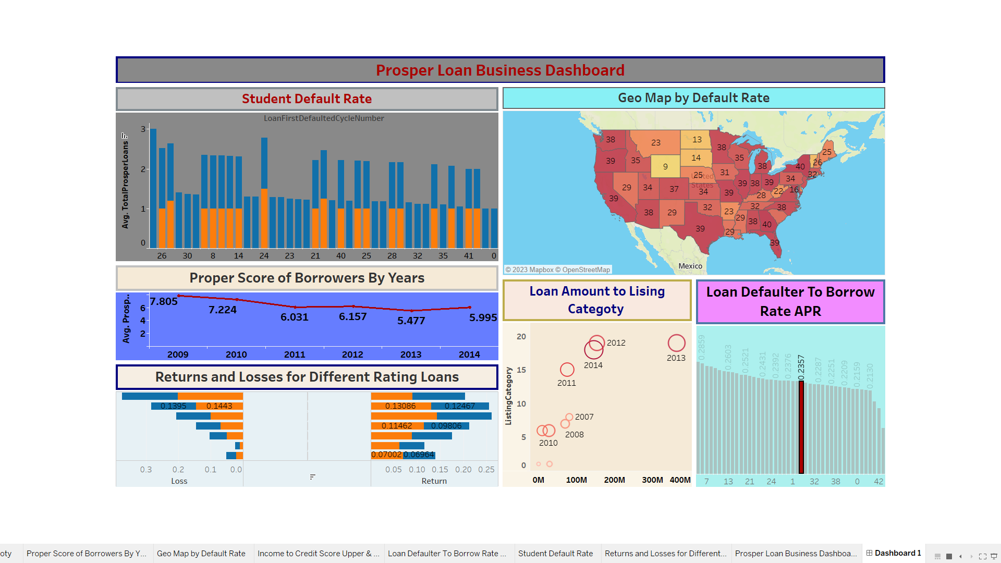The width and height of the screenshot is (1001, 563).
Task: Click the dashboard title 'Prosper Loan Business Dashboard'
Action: (x=500, y=70)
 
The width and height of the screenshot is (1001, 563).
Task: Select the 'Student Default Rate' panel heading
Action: (x=307, y=99)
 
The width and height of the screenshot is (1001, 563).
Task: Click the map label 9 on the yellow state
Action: (x=665, y=167)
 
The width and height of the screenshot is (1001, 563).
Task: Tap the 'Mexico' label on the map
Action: (x=690, y=266)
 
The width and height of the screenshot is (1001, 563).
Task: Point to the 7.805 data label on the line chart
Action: (x=164, y=301)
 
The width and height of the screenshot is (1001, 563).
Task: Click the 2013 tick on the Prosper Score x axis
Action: (x=411, y=354)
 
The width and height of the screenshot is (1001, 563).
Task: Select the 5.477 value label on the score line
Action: (x=411, y=321)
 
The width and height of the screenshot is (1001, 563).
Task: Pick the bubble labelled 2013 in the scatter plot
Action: (x=676, y=343)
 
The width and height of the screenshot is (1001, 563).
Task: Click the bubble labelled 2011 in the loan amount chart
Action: (x=567, y=370)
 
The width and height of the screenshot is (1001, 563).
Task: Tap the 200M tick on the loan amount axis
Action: (x=614, y=480)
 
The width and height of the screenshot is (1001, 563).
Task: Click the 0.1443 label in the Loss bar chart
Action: (x=219, y=406)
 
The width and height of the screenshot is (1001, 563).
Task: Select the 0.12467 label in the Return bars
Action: (x=459, y=406)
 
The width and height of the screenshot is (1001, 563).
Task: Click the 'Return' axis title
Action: (x=434, y=481)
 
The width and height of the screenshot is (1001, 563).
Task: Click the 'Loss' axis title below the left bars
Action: (x=179, y=481)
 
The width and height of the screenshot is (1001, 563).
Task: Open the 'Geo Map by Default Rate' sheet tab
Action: (x=201, y=554)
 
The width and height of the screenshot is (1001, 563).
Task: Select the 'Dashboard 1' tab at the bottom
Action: (x=897, y=553)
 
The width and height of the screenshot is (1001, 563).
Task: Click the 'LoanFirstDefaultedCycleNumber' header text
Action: (x=324, y=118)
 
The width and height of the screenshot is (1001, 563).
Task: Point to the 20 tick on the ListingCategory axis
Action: (x=521, y=337)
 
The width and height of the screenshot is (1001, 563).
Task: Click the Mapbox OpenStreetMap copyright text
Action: (x=557, y=270)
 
